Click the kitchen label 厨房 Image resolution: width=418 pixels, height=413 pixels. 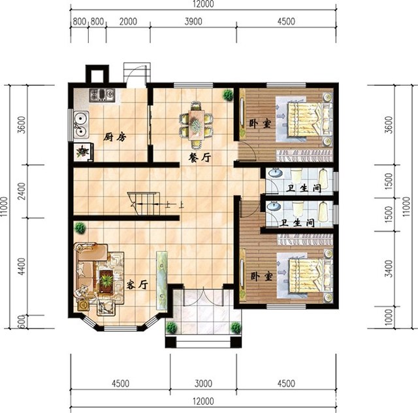115,137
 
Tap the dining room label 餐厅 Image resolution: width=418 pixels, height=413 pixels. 200,158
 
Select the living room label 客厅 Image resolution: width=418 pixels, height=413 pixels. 137,285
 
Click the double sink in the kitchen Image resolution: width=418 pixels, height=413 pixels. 81,124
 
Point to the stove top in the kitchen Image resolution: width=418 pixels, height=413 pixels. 102,95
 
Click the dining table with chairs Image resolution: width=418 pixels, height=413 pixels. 196,124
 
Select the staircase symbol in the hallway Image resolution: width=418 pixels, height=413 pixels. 144,204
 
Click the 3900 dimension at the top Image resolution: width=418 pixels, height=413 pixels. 193,22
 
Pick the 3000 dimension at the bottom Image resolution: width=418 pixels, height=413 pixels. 203,384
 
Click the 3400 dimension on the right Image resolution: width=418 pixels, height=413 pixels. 389,268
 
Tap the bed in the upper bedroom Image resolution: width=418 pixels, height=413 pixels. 309,120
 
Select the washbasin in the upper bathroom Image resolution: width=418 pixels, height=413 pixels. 276,173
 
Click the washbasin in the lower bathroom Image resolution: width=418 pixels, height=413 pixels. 274,206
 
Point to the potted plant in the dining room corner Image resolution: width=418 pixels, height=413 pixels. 228,95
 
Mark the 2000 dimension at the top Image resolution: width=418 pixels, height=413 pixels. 128,22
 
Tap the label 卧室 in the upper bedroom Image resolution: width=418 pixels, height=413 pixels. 260,124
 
